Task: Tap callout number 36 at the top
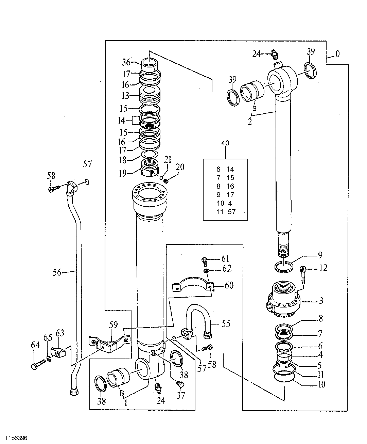pos(126,62)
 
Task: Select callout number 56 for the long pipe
pos(57,272)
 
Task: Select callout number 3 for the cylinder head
pos(321,301)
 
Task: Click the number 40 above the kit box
pos(225,143)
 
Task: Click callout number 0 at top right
pos(337,54)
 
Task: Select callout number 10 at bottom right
pos(321,384)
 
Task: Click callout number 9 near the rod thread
pos(320,255)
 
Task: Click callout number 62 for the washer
pos(227,269)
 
